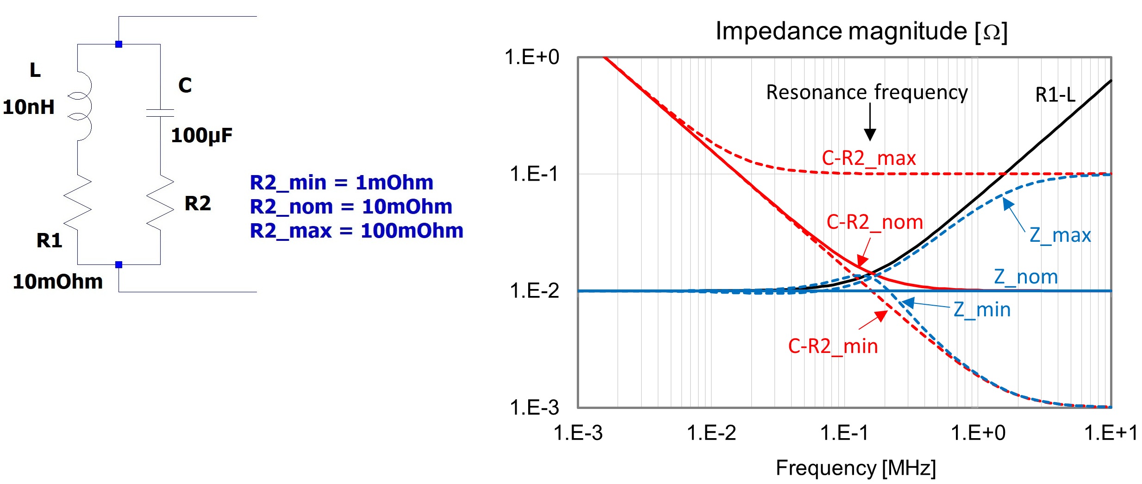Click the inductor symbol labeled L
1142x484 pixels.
click(x=81, y=107)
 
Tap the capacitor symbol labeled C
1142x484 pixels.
click(x=160, y=113)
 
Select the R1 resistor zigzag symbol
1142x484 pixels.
click(x=78, y=202)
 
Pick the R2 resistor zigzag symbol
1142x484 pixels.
click(x=160, y=202)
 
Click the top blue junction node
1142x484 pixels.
click(x=119, y=44)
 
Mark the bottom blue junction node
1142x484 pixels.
click(x=119, y=265)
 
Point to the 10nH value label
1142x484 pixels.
click(x=29, y=107)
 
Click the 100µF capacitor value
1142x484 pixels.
click(x=201, y=136)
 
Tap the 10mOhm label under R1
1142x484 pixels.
click(x=58, y=282)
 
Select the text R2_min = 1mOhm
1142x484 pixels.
click(x=342, y=182)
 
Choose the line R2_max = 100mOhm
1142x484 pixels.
click(x=356, y=231)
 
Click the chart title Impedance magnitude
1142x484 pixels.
click(x=861, y=31)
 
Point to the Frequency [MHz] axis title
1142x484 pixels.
click(x=855, y=468)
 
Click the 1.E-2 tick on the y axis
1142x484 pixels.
click(x=534, y=291)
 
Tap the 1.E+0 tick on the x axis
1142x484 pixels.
click(x=978, y=433)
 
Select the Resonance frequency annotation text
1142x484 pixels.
click(x=867, y=92)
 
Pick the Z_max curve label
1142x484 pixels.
click(x=1060, y=235)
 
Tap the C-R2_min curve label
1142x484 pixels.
click(x=833, y=346)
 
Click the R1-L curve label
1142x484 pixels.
click(x=1055, y=95)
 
